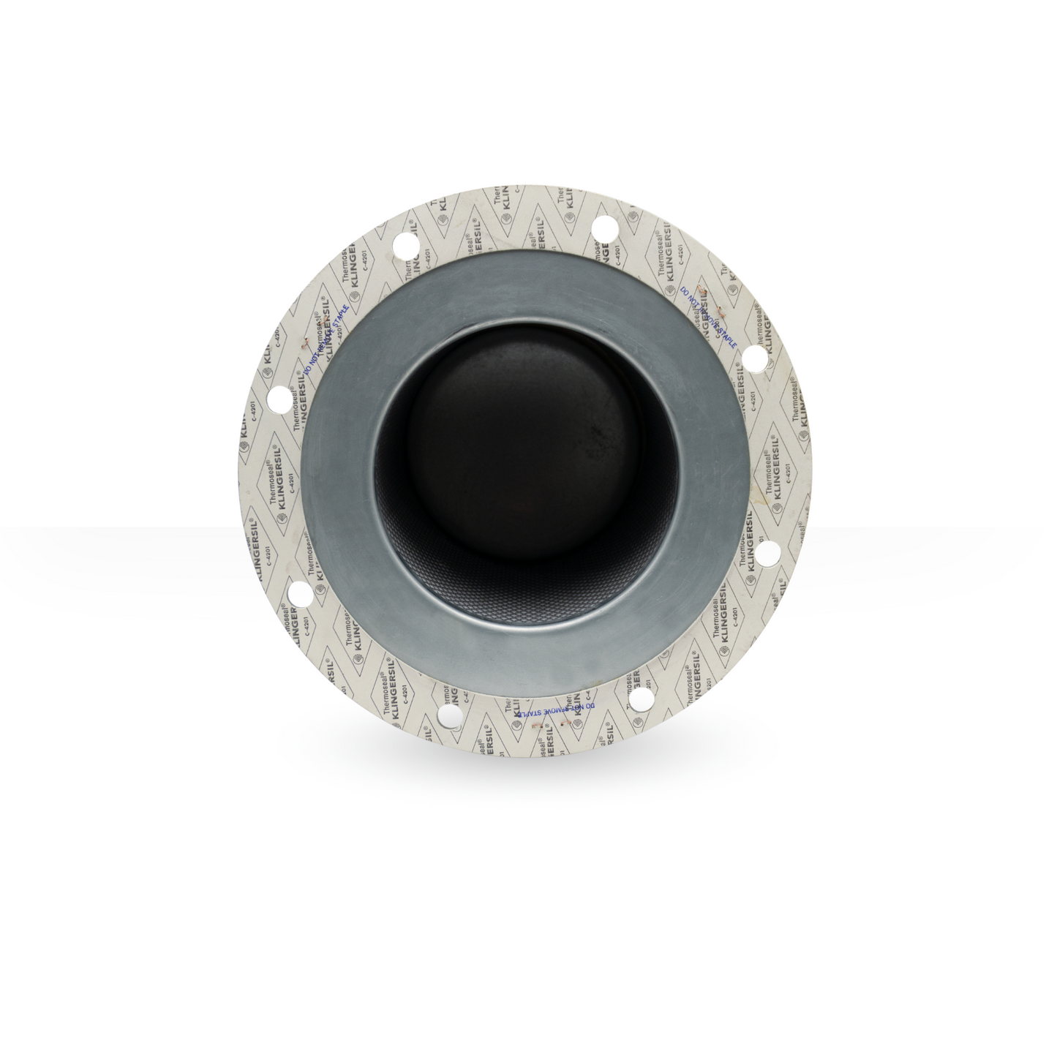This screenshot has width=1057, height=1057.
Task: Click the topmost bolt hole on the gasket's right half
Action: click(604, 226)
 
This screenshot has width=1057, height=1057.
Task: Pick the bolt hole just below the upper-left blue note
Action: click(279, 399)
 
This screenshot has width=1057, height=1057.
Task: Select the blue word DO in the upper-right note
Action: click(685, 291)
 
